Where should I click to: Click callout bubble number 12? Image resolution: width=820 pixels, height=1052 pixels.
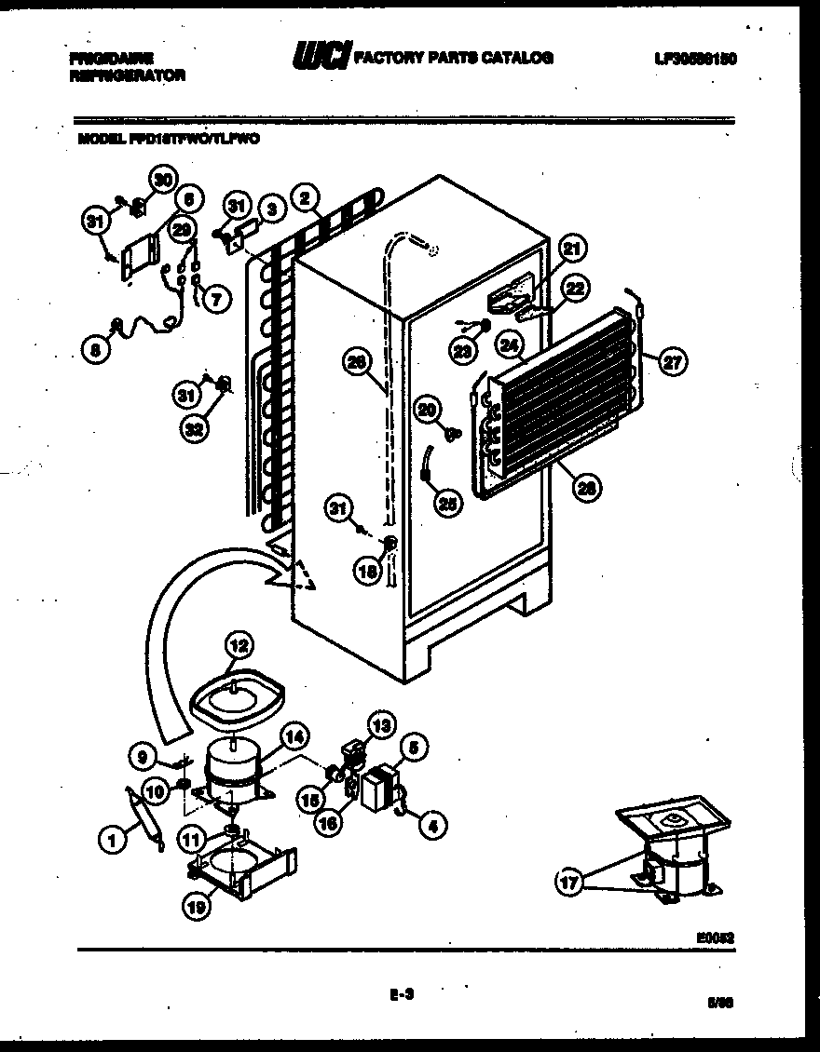click(x=239, y=643)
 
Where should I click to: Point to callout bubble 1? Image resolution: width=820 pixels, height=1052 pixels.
click(x=112, y=841)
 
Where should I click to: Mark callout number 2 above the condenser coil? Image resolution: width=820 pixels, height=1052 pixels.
click(x=304, y=196)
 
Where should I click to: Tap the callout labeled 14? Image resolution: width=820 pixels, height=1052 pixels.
click(x=294, y=735)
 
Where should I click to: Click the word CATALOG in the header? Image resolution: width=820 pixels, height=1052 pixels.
click(x=515, y=58)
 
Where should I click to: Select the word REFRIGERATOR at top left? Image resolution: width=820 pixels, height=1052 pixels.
click(x=127, y=76)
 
